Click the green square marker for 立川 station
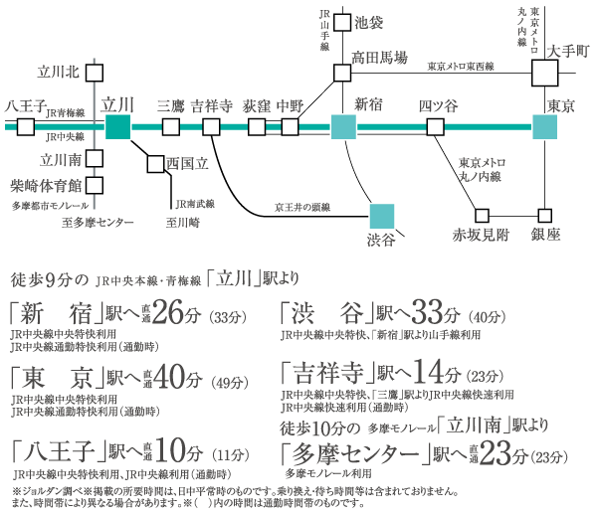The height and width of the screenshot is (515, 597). pyautogui.click(x=117, y=126)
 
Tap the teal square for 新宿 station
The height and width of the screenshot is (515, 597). pyautogui.click(x=343, y=126)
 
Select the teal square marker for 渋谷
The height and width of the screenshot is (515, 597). pyautogui.click(x=382, y=216)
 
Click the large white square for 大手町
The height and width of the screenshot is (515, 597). pyautogui.click(x=545, y=73)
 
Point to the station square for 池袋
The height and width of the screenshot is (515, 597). pyautogui.click(x=342, y=21)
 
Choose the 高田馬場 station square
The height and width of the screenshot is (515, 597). pyautogui.click(x=342, y=73)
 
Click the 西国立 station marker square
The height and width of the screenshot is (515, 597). pyautogui.click(x=155, y=164)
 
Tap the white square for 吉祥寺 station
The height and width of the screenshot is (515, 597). pyautogui.click(x=211, y=126)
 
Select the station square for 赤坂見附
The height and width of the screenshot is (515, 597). pyautogui.click(x=483, y=215)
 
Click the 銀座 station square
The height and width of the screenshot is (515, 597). pyautogui.click(x=544, y=215)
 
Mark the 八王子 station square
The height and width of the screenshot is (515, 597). pyautogui.click(x=25, y=126)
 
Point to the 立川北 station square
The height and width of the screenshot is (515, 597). pyautogui.click(x=97, y=72)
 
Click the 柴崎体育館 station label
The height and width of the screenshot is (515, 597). pyautogui.click(x=44, y=185)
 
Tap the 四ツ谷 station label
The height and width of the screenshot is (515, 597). pyautogui.click(x=438, y=105)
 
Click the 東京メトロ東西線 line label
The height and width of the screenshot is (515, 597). pyautogui.click(x=461, y=66)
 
